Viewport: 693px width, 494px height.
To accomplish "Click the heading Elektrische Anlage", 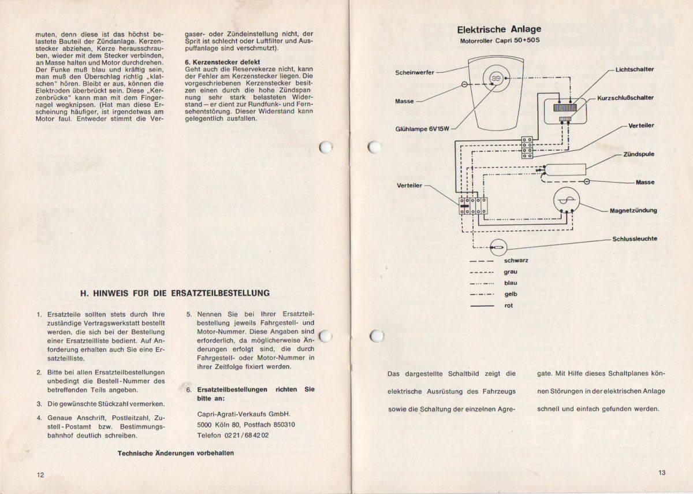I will click(499, 29).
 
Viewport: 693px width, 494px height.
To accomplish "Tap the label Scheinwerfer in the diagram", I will click(415, 73).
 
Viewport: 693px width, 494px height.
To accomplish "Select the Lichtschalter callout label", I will click(635, 69).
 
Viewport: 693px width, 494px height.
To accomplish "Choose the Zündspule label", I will click(639, 154).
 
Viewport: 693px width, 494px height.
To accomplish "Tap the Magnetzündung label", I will click(633, 210).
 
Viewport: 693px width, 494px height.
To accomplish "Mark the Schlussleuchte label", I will click(635, 239).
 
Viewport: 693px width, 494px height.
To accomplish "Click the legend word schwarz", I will click(516, 261).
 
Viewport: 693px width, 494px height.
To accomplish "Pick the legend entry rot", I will click(508, 306).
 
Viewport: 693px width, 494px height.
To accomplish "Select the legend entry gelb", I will click(510, 294).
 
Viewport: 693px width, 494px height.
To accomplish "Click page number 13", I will click(661, 473).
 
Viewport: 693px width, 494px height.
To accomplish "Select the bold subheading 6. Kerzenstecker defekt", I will click(222, 62).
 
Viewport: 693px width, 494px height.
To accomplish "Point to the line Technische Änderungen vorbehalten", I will click(176, 453).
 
